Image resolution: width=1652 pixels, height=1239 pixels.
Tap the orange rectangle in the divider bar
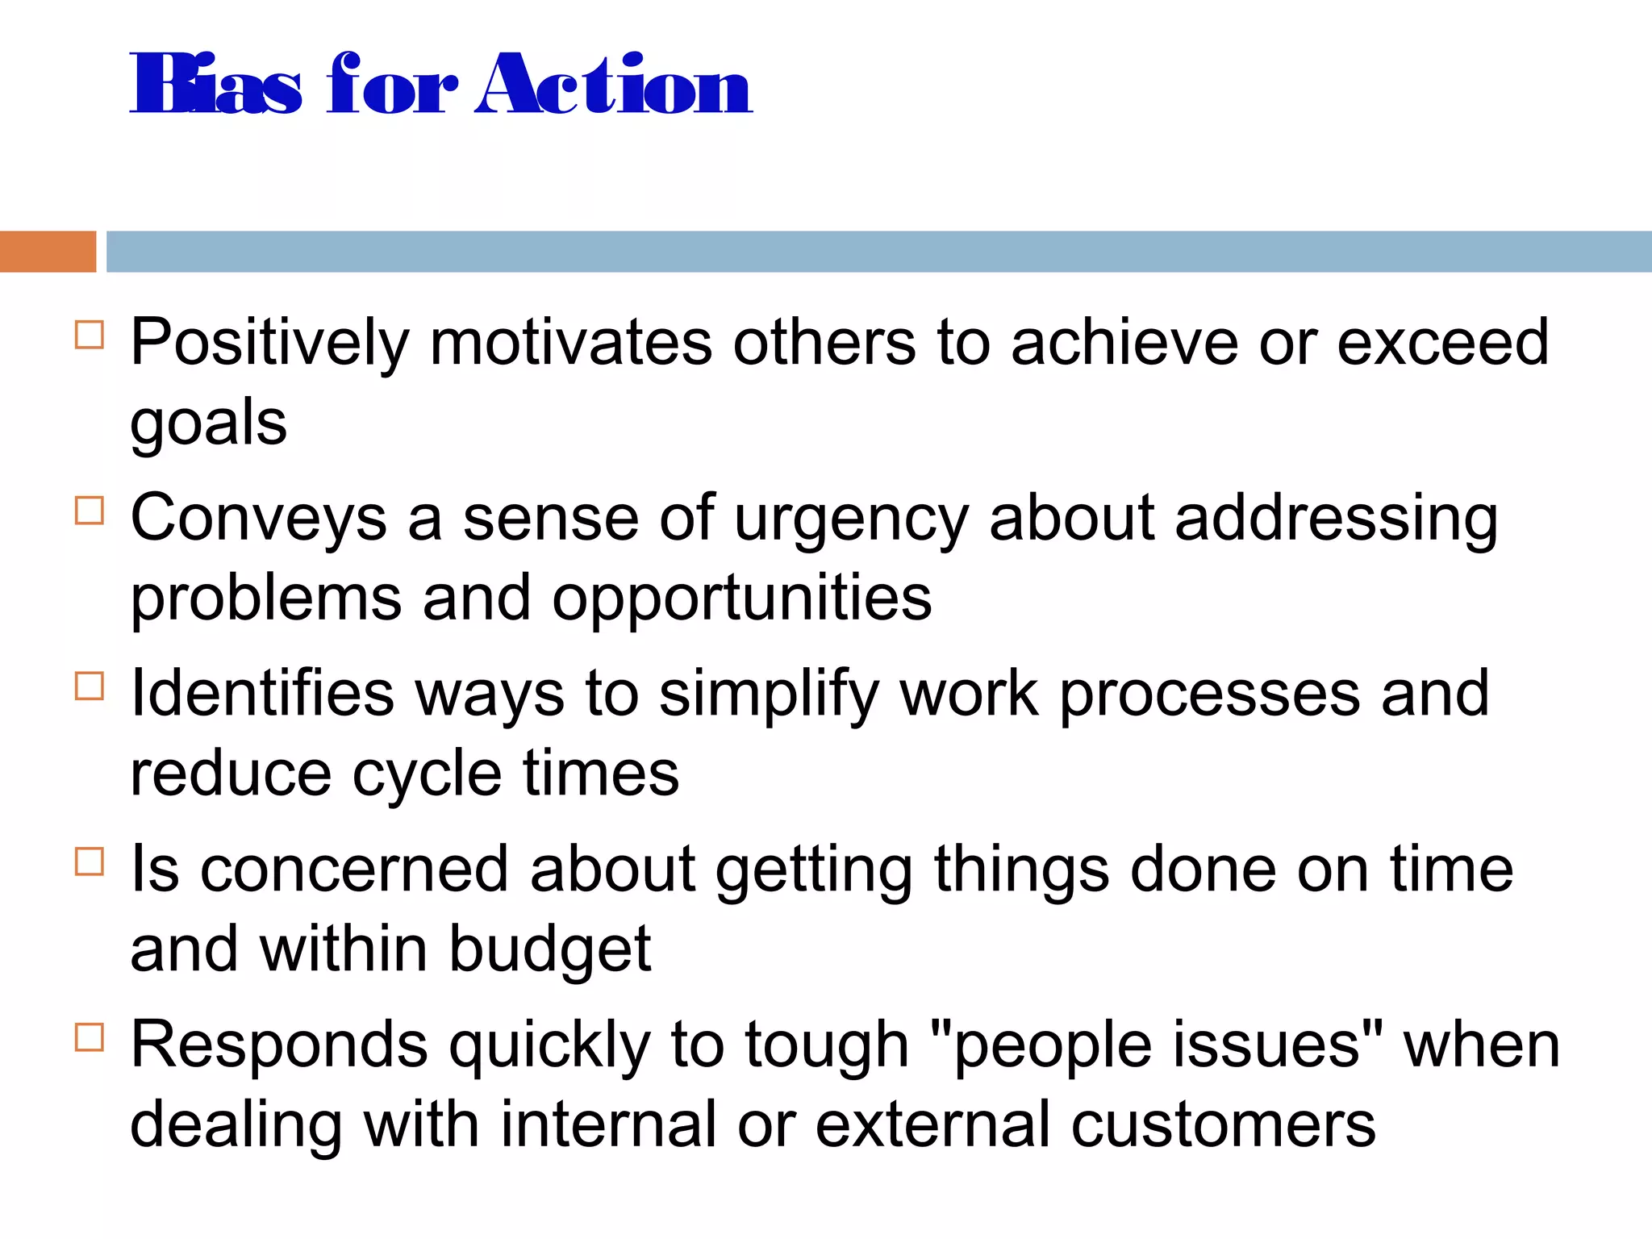(x=48, y=252)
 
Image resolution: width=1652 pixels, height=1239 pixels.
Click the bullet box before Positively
(x=90, y=334)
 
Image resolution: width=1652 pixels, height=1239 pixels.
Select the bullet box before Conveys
(x=90, y=510)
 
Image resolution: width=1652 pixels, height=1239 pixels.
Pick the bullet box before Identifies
(x=90, y=686)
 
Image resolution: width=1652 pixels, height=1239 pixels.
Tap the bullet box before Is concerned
(x=90, y=861)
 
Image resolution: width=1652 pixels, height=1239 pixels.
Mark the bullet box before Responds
(x=90, y=1037)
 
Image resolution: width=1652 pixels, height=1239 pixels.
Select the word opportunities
(x=741, y=599)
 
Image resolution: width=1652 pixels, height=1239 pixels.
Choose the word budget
(x=549, y=949)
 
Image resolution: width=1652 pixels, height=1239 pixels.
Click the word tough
(x=827, y=1046)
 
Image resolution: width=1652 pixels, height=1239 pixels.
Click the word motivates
(x=571, y=343)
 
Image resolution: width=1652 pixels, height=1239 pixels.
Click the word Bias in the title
(x=216, y=85)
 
